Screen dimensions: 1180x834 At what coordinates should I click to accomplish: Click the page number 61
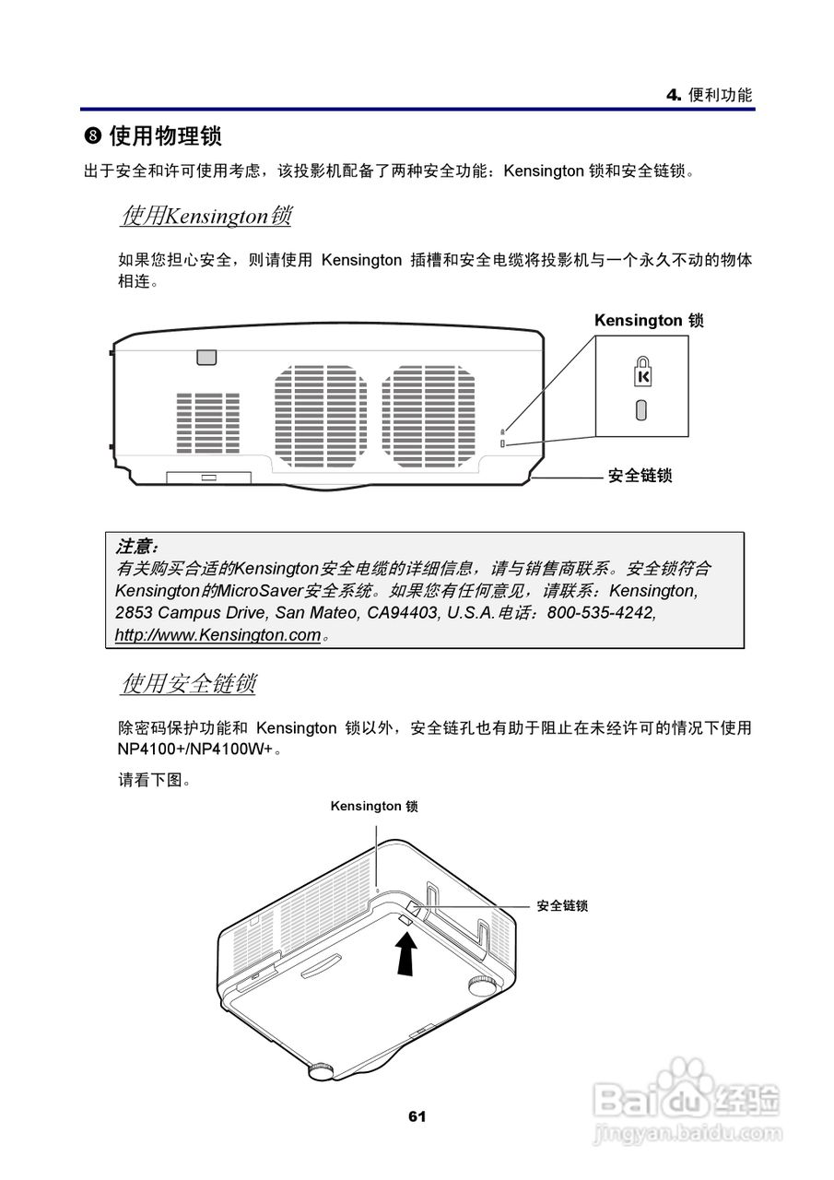(417, 1116)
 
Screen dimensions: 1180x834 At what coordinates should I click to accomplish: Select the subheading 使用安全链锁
(188, 684)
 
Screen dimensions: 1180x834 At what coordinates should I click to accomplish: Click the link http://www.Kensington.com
(217, 635)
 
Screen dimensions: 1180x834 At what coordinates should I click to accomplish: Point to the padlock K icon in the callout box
(642, 373)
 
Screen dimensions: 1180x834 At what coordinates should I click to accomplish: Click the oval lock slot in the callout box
(641, 410)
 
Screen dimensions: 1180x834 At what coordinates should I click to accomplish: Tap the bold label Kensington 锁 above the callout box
(649, 321)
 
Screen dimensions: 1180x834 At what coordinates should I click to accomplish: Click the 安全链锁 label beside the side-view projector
(640, 476)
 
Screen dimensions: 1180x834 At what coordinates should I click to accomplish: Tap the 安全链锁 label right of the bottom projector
(562, 906)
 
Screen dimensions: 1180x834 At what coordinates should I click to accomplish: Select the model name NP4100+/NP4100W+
(194, 749)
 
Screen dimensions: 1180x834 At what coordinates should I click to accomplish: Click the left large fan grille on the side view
(320, 414)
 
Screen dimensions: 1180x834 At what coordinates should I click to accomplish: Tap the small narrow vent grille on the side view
(207, 423)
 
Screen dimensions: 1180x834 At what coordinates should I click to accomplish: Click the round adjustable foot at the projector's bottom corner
(322, 1070)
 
